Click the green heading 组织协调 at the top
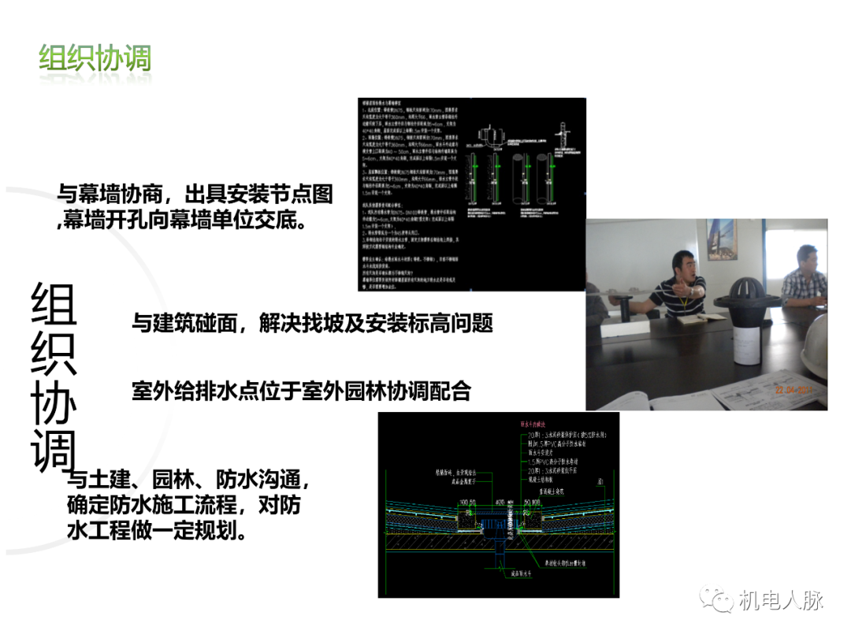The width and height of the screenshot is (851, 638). click(x=95, y=59)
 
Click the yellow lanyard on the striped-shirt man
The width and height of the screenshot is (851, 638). click(x=686, y=299)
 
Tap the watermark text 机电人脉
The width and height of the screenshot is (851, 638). click(x=781, y=600)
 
